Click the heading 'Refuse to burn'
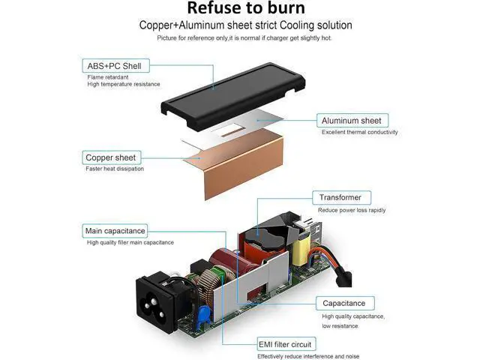[x=246, y=7]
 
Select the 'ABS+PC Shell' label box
[x=116, y=66]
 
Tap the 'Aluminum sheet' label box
[x=352, y=121]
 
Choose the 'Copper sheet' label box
[x=112, y=157]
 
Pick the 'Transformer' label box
[x=342, y=198]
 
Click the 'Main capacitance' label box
[x=115, y=231]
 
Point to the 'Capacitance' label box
[x=345, y=303]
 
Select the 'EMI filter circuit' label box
[x=286, y=344]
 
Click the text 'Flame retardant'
[x=108, y=77]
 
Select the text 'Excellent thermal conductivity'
[x=360, y=132]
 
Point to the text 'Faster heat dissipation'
[x=115, y=169]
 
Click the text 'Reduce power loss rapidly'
[x=352, y=210]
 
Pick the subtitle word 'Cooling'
[x=297, y=25]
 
